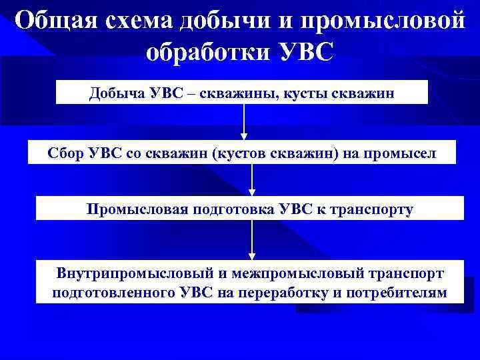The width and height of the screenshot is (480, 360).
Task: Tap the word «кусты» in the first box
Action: point(315,93)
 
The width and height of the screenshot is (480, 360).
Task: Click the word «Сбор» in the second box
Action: point(65,153)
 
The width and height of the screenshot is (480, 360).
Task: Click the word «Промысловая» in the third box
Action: point(136,209)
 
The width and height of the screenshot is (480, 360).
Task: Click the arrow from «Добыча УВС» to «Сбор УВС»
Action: point(245,122)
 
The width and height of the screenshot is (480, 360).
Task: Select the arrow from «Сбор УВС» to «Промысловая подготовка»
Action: point(252,180)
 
